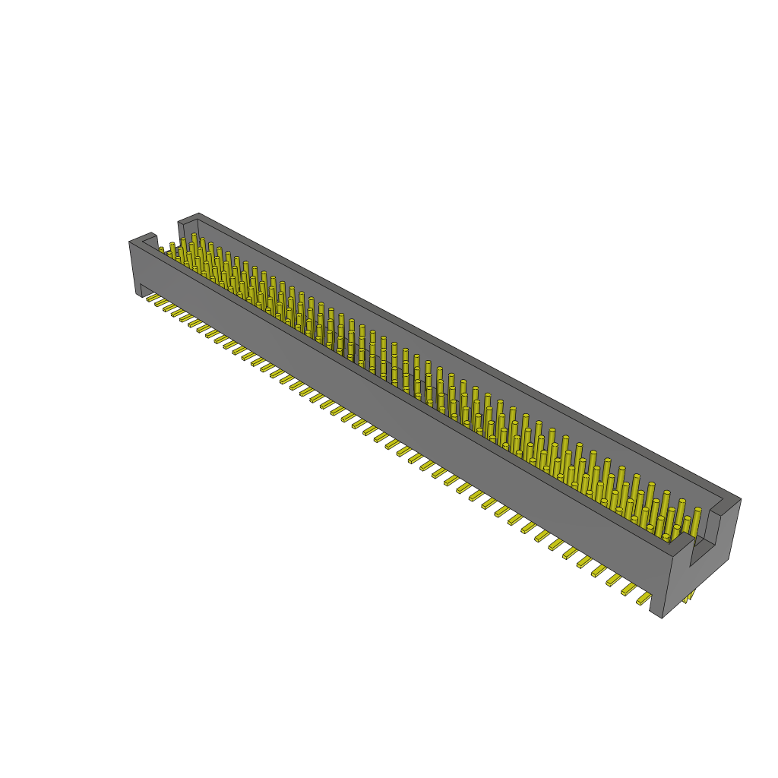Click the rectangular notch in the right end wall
[703, 539]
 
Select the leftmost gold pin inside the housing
[161, 249]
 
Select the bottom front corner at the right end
[663, 617]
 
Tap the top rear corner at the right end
[739, 500]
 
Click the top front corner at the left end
[131, 242]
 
